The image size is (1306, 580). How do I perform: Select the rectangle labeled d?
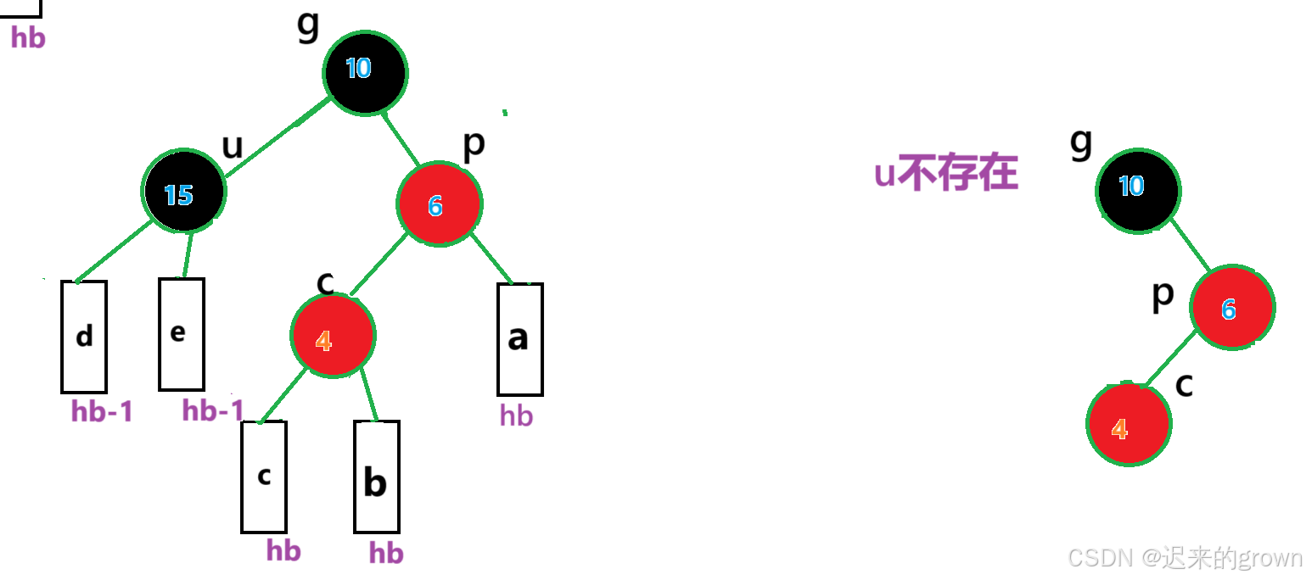(84, 337)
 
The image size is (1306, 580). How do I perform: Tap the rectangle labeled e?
(181, 334)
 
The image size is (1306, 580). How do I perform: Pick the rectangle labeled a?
(519, 339)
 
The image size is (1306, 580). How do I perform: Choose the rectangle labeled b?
(376, 477)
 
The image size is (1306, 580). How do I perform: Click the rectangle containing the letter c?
(264, 477)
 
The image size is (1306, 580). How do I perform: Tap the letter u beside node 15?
(232, 147)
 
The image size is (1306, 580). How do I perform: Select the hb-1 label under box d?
(102, 412)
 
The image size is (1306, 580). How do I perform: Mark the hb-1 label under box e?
(213, 411)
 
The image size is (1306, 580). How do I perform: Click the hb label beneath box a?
(516, 415)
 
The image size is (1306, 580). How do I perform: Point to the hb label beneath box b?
(386, 554)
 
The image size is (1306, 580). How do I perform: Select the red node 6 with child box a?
(439, 204)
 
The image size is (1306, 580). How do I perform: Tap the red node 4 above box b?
(332, 336)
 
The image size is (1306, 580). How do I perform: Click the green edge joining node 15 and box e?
(188, 254)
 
